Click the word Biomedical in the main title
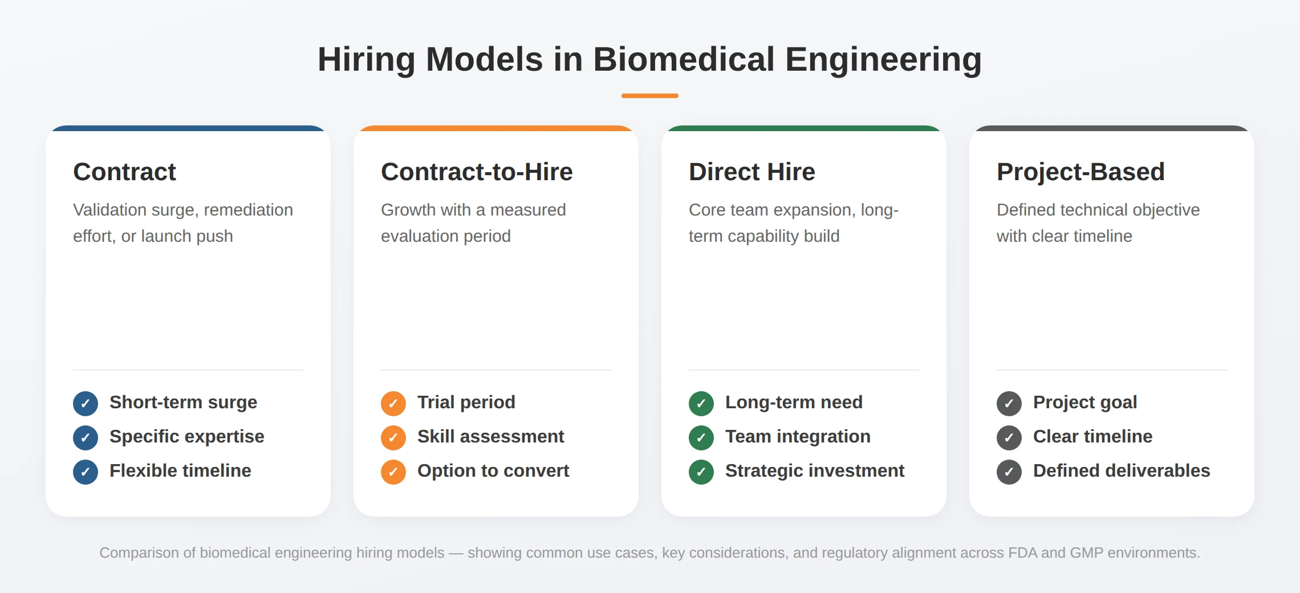(684, 59)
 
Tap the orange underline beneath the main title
(649, 96)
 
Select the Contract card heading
(124, 172)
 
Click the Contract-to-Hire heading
(477, 172)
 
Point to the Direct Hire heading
(751, 172)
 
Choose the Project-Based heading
(1080, 172)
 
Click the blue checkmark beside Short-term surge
(86, 404)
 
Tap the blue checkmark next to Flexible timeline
(86, 472)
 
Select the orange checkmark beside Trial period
(393, 404)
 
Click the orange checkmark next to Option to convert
(393, 472)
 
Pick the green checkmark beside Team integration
(701, 438)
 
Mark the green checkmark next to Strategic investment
(701, 472)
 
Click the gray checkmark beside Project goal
(1009, 404)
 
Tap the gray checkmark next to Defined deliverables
(1009, 472)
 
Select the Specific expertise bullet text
(186, 436)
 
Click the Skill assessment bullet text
(490, 436)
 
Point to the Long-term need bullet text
(794, 402)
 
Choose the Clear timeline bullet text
(1092, 436)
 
